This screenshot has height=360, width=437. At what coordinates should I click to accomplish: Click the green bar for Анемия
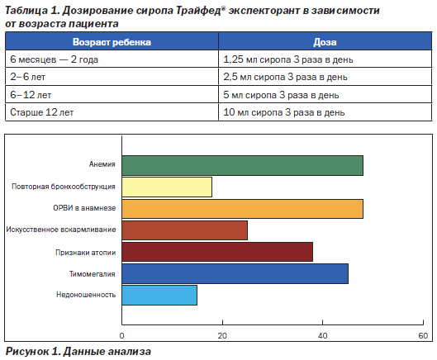[243, 165]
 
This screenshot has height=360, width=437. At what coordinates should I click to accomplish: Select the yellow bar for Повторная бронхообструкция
[167, 187]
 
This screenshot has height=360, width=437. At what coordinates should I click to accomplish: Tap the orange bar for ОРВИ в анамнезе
[243, 209]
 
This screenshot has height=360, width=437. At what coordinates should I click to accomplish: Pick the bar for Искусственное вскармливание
[185, 230]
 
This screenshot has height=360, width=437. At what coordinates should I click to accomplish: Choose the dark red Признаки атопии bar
[217, 252]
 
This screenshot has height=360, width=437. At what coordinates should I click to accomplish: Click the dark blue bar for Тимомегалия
[235, 273]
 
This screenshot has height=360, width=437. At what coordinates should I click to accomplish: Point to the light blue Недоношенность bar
[159, 295]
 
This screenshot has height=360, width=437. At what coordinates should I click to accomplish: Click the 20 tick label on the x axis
[222, 336]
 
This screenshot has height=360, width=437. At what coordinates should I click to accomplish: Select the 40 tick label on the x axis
[322, 336]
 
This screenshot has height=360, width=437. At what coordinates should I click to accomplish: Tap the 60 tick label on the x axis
[423, 336]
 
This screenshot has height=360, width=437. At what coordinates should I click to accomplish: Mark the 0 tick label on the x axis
[121, 336]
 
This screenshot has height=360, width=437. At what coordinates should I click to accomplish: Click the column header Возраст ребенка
[112, 42]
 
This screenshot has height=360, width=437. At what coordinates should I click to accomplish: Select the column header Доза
[325, 42]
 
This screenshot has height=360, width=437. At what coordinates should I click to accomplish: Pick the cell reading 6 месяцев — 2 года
[54, 59]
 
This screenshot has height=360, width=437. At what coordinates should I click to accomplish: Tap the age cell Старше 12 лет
[42, 112]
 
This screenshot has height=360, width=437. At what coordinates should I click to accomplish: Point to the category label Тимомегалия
[93, 274]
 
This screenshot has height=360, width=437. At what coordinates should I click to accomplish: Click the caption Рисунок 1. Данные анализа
[78, 352]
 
